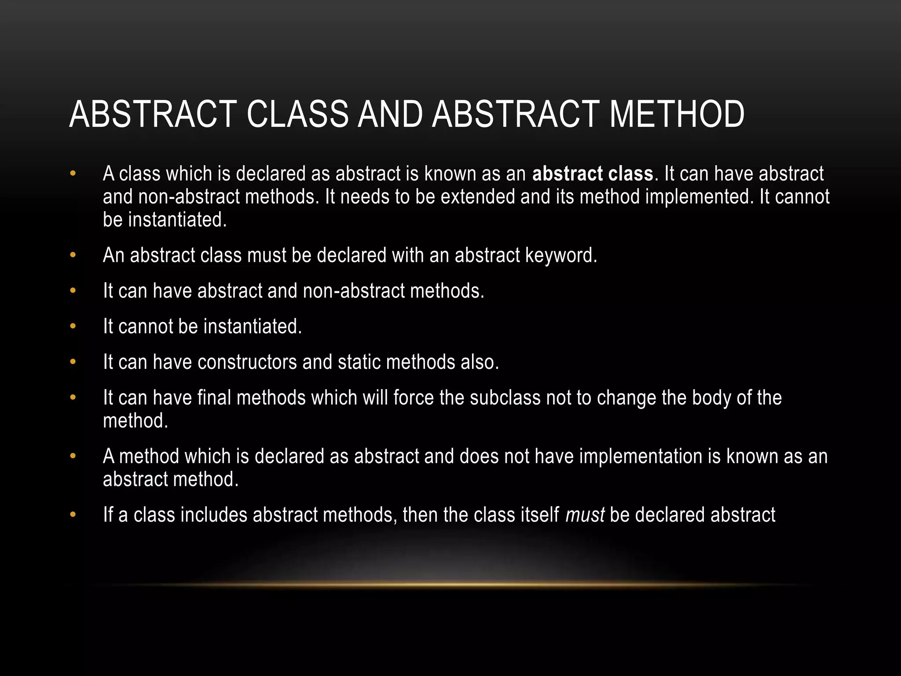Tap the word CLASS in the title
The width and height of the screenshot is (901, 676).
click(x=297, y=114)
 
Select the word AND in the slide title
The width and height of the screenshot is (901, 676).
click(x=390, y=114)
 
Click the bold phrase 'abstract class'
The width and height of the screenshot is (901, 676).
click(x=593, y=174)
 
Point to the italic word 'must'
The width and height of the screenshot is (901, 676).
click(x=585, y=515)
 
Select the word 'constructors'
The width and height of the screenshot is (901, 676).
click(x=247, y=362)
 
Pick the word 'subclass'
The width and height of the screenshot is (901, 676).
click(x=505, y=398)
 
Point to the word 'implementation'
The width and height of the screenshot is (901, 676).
click(x=641, y=456)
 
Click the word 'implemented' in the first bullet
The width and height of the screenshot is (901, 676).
click(x=700, y=197)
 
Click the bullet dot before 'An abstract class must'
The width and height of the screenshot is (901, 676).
click(x=73, y=255)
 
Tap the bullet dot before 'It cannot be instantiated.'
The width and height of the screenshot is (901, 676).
click(x=73, y=327)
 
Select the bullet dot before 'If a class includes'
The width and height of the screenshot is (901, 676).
click(x=73, y=515)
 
